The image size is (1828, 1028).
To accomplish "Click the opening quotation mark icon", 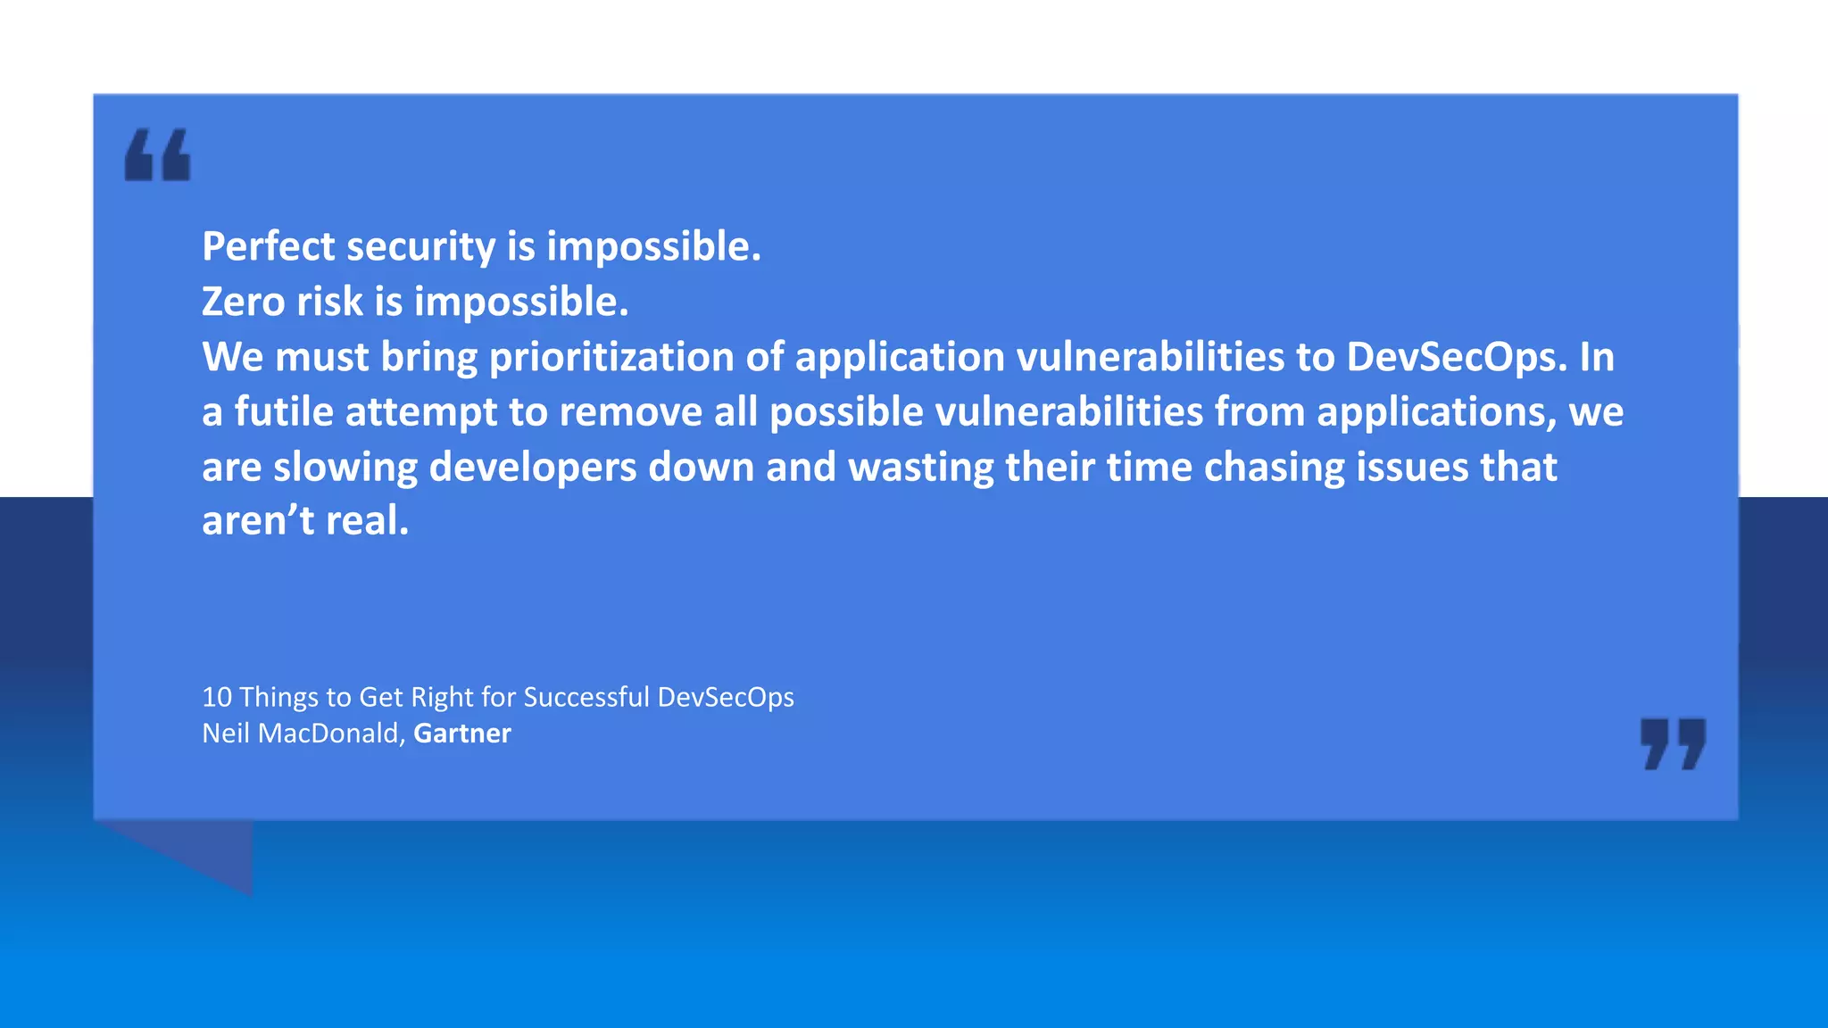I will pos(157,155).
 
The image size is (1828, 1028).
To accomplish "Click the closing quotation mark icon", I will pos(1673,743).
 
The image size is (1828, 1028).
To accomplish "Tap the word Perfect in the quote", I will pos(268,246).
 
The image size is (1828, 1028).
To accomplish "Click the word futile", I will pos(284,412).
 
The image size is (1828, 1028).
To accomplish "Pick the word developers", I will pos(533,467).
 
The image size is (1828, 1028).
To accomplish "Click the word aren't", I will pos(258,521).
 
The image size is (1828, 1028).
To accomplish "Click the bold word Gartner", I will pos(461,734).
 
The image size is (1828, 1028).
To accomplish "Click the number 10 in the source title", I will pos(217,697).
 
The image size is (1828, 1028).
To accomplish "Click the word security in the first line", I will pos(420,246).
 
